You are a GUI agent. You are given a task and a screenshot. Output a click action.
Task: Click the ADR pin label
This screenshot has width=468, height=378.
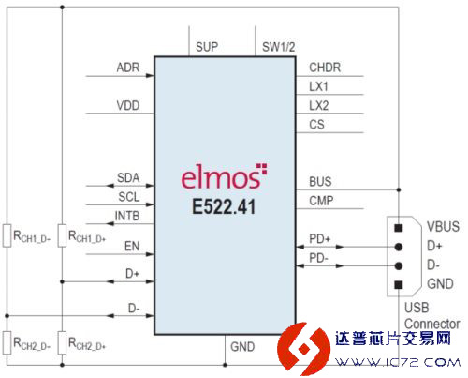click(128, 68)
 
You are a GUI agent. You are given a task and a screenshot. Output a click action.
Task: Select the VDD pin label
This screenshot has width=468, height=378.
click(128, 106)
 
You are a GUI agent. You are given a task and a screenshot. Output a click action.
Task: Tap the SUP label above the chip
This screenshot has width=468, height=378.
click(207, 47)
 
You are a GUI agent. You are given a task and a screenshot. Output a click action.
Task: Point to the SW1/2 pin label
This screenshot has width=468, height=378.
click(279, 47)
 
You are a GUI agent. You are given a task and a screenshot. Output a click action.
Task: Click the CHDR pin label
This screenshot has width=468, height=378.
click(325, 68)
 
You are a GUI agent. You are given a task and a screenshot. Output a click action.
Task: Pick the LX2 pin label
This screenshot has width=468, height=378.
click(319, 106)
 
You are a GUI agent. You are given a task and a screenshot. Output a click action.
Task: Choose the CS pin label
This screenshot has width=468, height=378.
click(316, 125)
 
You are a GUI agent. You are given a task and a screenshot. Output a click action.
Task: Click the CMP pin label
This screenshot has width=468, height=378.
click(321, 201)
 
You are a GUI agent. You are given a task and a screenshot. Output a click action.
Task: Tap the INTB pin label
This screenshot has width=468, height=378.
click(127, 216)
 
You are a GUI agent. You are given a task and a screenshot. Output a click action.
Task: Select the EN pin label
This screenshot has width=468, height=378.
click(132, 247)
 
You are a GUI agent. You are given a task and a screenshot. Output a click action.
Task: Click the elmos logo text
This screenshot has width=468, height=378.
click(224, 176)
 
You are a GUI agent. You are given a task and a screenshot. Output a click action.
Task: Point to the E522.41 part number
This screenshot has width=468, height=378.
click(224, 206)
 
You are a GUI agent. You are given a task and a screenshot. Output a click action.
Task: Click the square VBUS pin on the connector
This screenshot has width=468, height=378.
click(399, 228)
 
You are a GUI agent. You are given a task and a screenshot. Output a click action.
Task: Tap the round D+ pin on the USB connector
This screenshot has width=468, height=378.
click(399, 247)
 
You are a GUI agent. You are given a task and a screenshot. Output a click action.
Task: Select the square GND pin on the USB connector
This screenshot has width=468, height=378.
click(399, 285)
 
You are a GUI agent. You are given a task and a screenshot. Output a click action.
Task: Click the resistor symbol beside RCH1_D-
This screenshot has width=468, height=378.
click(7, 235)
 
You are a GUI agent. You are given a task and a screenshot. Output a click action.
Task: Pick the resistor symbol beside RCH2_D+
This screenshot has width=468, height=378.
click(62, 342)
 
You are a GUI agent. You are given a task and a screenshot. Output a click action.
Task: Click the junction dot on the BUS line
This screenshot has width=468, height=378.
click(399, 189)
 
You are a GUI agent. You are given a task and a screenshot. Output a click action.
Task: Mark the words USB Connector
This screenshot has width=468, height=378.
click(432, 316)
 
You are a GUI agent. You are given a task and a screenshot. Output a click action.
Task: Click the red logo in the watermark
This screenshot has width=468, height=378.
click(303, 349)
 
